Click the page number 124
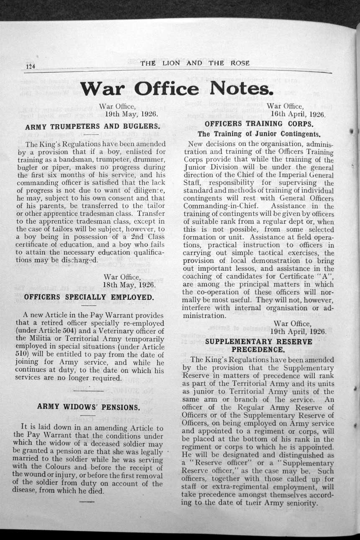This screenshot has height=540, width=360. (x=31, y=67)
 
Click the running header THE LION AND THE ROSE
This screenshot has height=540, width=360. (x=195, y=63)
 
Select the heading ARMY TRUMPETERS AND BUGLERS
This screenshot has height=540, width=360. (x=93, y=126)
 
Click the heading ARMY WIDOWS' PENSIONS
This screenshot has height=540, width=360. (x=88, y=406)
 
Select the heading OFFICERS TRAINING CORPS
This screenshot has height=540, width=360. (x=259, y=124)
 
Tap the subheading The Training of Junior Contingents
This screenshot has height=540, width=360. (x=259, y=134)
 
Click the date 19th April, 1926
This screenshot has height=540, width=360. (x=298, y=331)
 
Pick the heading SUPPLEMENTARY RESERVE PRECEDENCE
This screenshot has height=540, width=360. (x=258, y=345)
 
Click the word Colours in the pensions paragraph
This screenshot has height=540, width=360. (x=58, y=466)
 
